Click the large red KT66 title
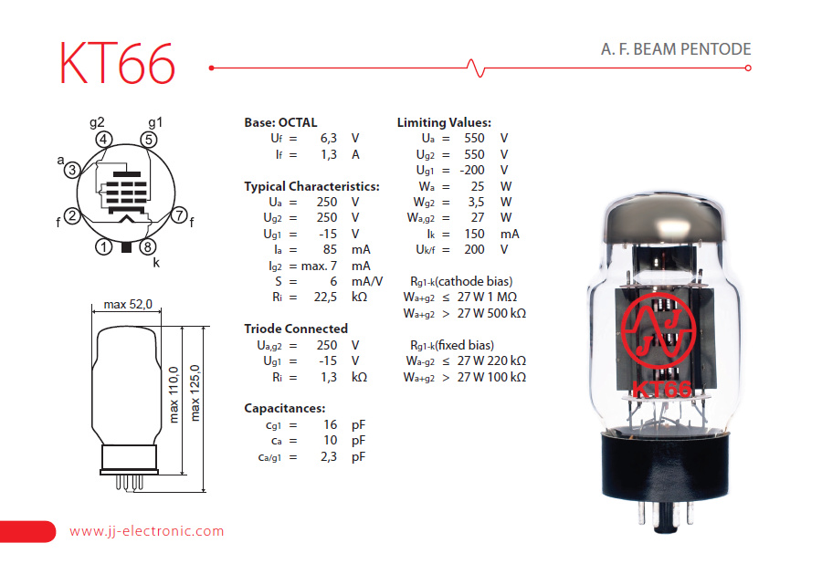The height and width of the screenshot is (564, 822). pyautogui.click(x=117, y=63)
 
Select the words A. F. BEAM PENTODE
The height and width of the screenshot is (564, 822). pyautogui.click(x=676, y=49)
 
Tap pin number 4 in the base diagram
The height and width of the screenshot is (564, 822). pyautogui.click(x=104, y=140)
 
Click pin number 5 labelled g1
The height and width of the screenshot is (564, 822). pyautogui.click(x=149, y=140)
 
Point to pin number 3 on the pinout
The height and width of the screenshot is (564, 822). pyautogui.click(x=72, y=169)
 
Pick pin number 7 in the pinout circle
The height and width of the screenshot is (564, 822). pyautogui.click(x=179, y=214)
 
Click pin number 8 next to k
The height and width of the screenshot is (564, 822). pyautogui.click(x=148, y=246)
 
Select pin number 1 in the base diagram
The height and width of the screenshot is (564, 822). pyautogui.click(x=104, y=246)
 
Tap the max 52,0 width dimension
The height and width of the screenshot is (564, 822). pyautogui.click(x=128, y=304)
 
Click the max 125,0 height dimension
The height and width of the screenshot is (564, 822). pyautogui.click(x=195, y=392)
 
